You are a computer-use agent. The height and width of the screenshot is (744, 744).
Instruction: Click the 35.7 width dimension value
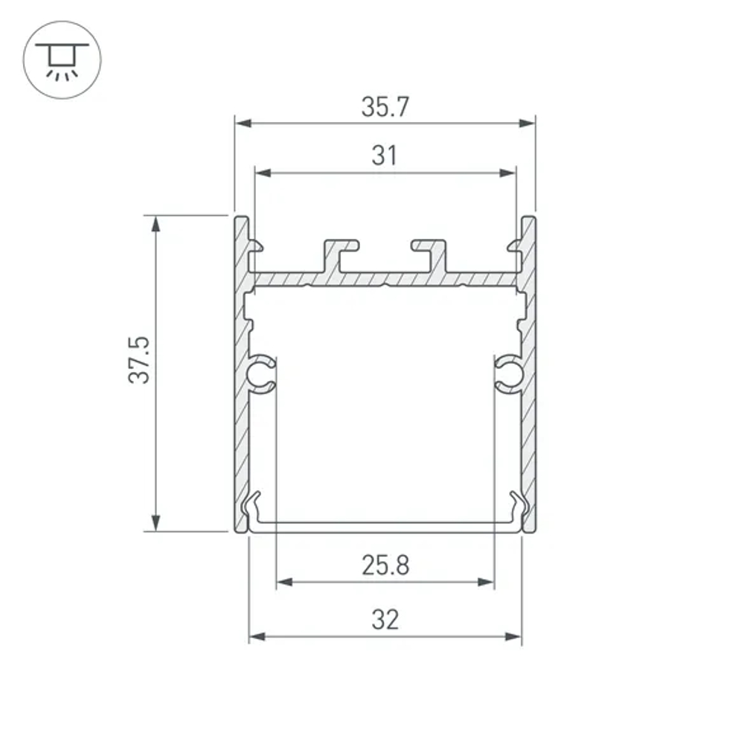click(x=385, y=108)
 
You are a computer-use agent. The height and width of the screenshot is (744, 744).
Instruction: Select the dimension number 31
click(x=385, y=156)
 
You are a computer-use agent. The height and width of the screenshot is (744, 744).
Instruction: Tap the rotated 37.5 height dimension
click(x=139, y=360)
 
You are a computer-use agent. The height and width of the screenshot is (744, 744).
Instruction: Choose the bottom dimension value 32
click(x=385, y=619)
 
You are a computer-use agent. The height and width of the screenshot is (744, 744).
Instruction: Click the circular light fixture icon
click(x=62, y=61)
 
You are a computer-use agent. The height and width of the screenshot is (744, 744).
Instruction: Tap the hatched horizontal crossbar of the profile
click(x=385, y=279)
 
